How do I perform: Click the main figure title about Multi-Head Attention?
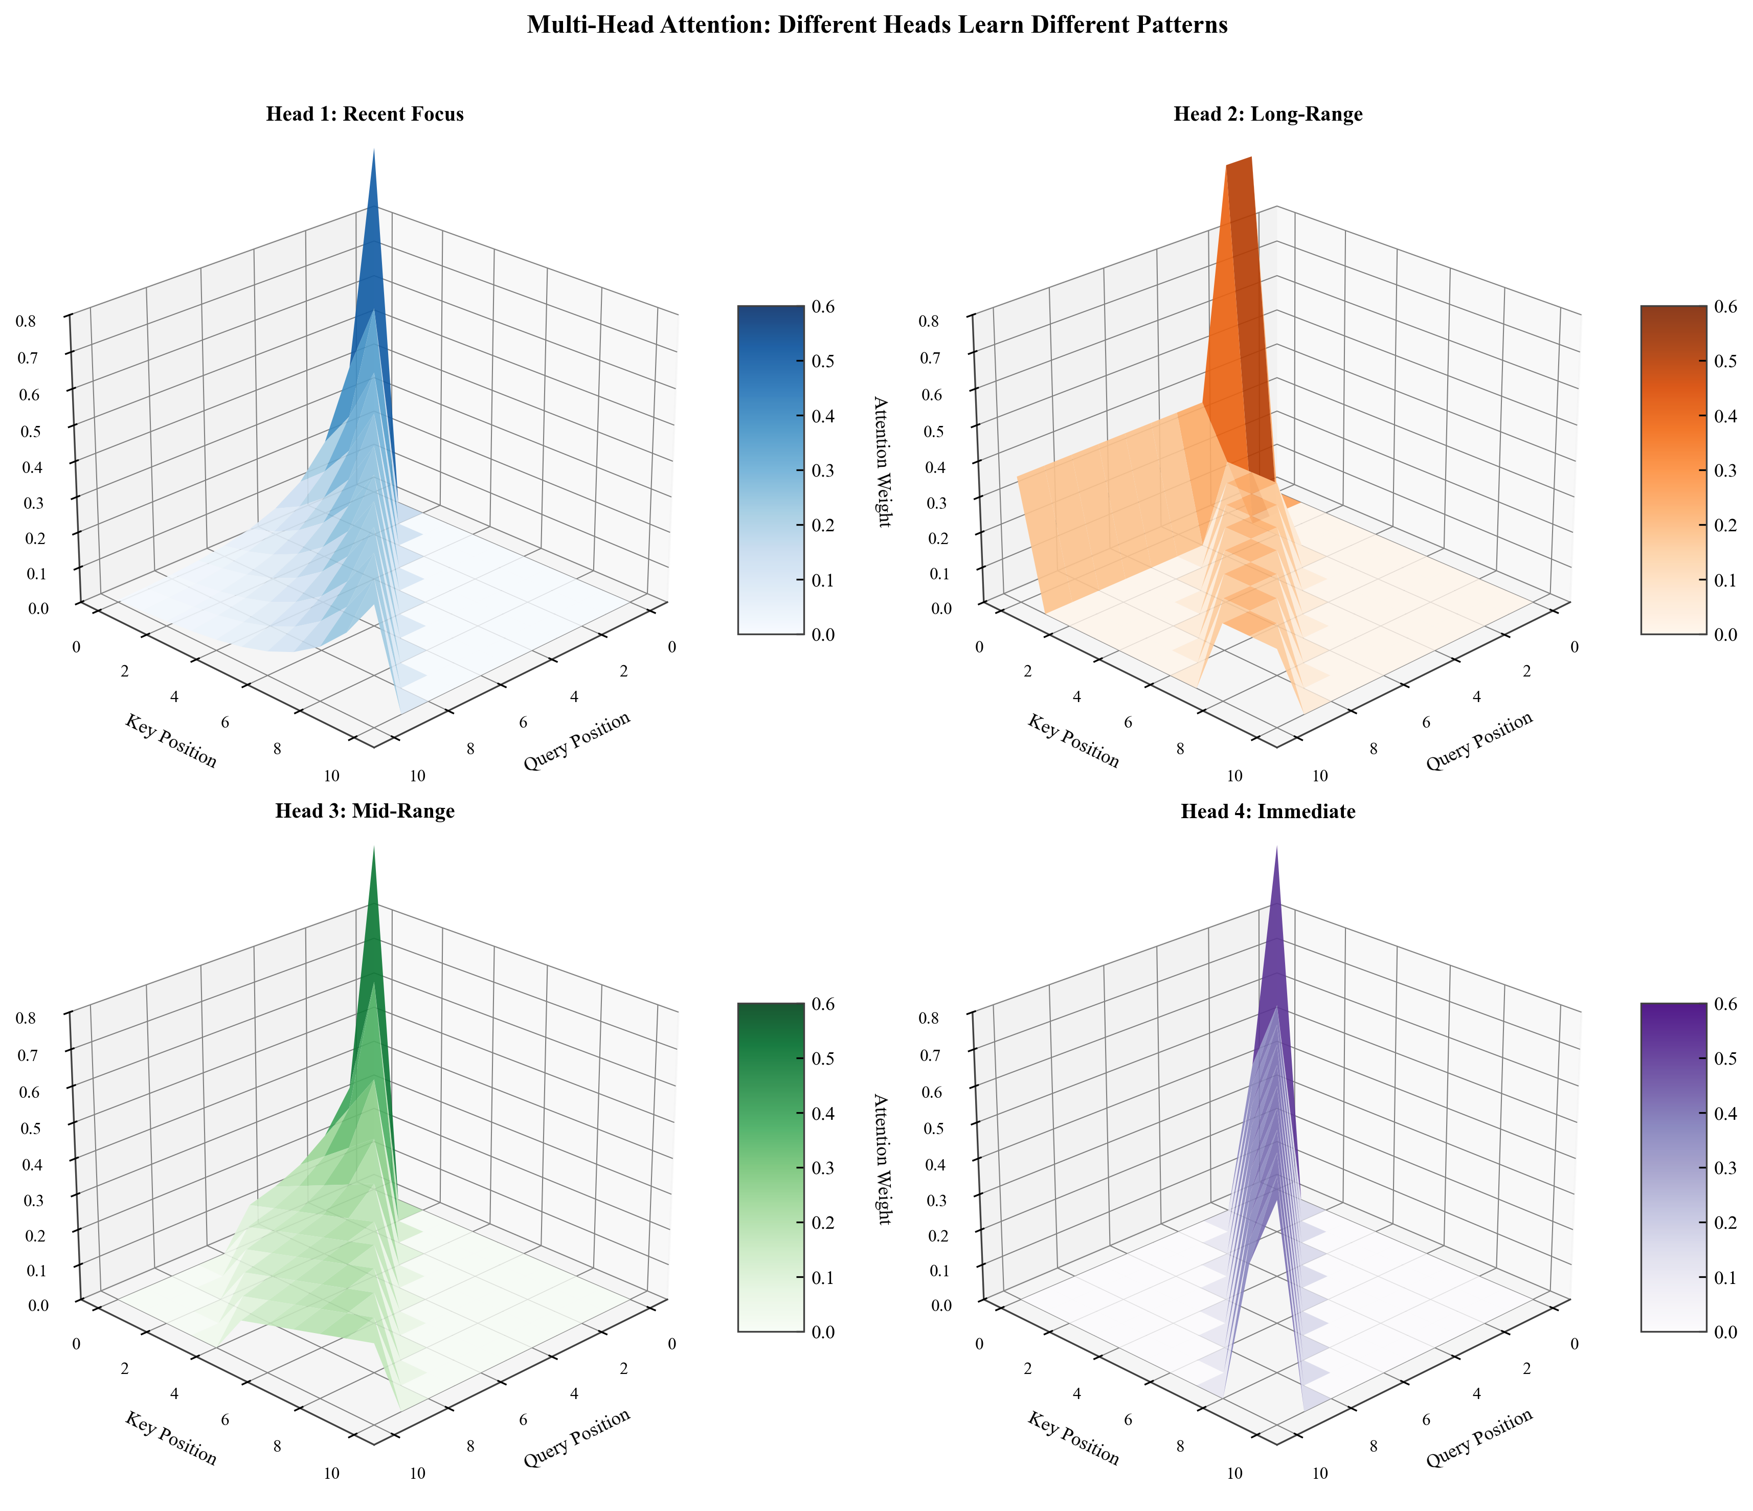point(876,26)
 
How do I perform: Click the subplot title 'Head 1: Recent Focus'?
point(365,114)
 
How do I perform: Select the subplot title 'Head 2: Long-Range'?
point(1267,114)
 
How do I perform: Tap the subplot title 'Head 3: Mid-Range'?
point(365,811)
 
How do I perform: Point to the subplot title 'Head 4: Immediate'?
point(1267,811)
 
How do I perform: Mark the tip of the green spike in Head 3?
point(374,848)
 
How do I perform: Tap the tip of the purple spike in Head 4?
point(1276,848)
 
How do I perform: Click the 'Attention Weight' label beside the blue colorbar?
point(881,461)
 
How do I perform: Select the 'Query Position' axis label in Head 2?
point(1479,741)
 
